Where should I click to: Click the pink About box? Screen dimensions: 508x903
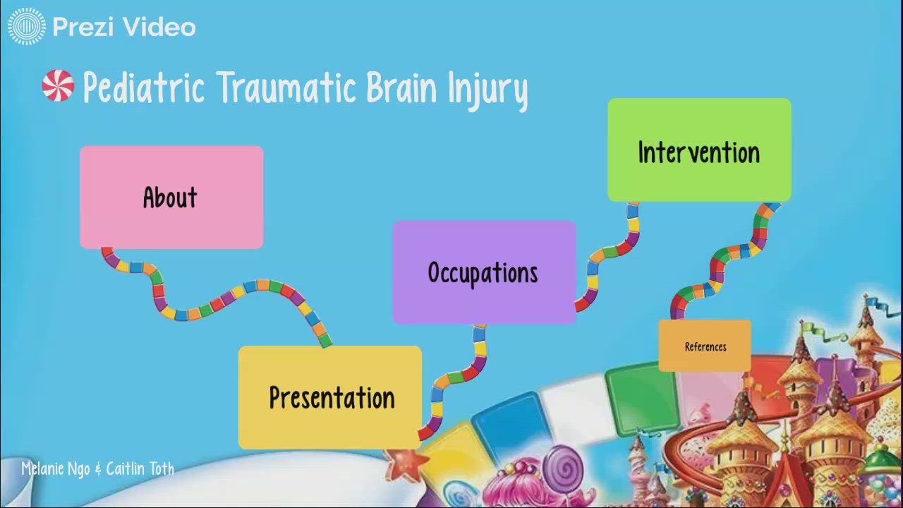171,197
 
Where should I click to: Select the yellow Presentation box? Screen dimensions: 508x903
330,397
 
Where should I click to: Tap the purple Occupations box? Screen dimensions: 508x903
483,272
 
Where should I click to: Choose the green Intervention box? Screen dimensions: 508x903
699,150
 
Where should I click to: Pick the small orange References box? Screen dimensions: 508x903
705,346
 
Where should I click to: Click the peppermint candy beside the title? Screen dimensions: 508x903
58,86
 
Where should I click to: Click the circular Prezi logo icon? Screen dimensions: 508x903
27,27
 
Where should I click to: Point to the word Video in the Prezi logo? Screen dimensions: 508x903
159,27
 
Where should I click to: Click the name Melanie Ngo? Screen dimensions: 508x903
55,468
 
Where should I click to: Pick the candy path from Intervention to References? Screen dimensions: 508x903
727,261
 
